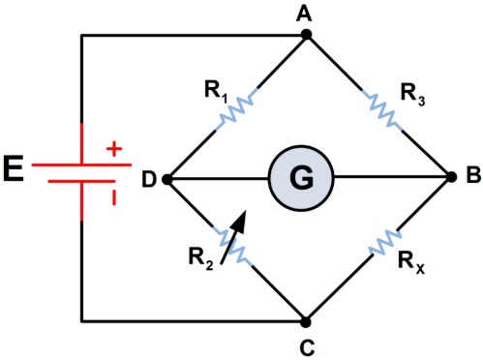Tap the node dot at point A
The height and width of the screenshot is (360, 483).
pyautogui.click(x=307, y=36)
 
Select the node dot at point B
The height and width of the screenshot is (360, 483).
pyautogui.click(x=450, y=178)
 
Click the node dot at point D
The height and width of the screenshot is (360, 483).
pyautogui.click(x=166, y=179)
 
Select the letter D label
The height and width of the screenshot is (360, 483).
pyautogui.click(x=147, y=179)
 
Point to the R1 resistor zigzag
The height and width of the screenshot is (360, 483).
pyautogui.click(x=237, y=107)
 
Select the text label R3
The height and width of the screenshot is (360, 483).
pyautogui.click(x=414, y=92)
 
